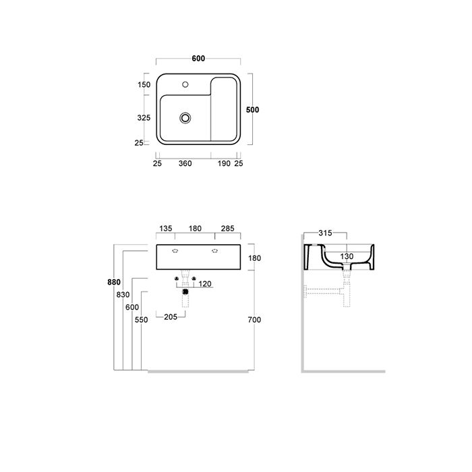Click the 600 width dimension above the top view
click(x=198, y=59)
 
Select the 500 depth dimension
click(x=252, y=109)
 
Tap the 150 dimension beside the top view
click(x=144, y=85)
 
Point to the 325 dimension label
click(x=144, y=117)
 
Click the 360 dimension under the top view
click(x=185, y=163)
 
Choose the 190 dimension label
click(x=224, y=163)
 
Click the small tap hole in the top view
click(x=186, y=86)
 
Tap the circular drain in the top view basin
click(x=185, y=118)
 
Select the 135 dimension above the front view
click(x=165, y=229)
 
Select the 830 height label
click(x=123, y=295)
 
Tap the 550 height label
click(x=140, y=320)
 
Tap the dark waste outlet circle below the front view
click(x=185, y=293)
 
